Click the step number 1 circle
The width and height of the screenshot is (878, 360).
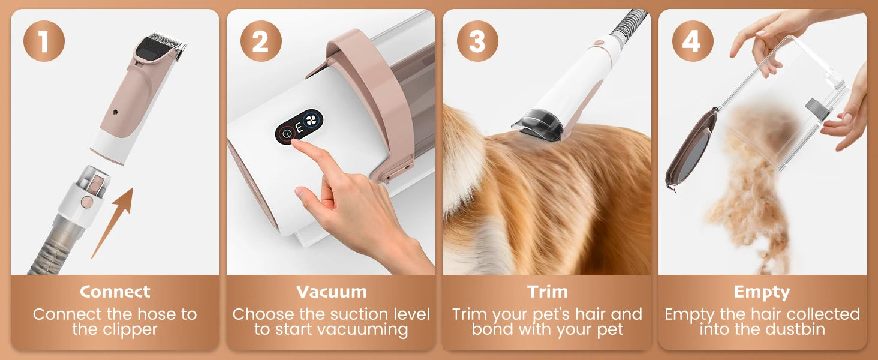pyautogui.click(x=44, y=41)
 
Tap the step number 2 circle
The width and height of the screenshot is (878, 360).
pyautogui.click(x=261, y=41)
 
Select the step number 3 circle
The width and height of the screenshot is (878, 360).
pyautogui.click(x=477, y=41)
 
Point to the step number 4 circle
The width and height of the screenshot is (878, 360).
pyautogui.click(x=693, y=41)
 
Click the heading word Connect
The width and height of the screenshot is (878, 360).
pyautogui.click(x=115, y=292)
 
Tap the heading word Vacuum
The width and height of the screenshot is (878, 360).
pyautogui.click(x=332, y=292)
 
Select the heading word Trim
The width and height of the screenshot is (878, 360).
pyautogui.click(x=547, y=292)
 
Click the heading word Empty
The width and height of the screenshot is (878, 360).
pyautogui.click(x=762, y=292)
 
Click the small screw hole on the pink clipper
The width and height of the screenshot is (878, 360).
pyautogui.click(x=115, y=112)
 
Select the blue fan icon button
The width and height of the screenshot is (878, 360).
pyautogui.click(x=311, y=121)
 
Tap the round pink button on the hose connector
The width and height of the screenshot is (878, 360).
pyautogui.click(x=86, y=202)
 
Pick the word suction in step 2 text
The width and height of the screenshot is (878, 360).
pyautogui.click(x=354, y=314)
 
